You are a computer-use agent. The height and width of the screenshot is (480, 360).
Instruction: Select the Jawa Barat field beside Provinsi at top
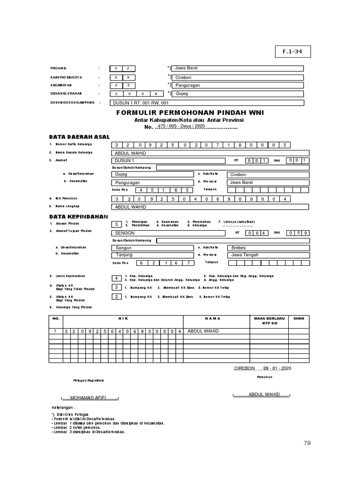pyautogui.click(x=238, y=68)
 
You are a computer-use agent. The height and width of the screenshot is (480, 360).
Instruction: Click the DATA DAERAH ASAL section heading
pyautogui.click(x=79, y=137)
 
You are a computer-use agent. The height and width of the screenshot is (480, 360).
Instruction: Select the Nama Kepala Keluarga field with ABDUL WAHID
pyautogui.click(x=210, y=153)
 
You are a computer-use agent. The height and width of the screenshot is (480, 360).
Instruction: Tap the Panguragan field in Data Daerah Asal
pyautogui.click(x=152, y=182)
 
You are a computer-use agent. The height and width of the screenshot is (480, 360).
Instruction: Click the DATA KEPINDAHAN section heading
pyautogui.click(x=78, y=217)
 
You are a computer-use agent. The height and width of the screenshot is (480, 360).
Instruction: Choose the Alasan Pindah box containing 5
pyautogui.click(x=116, y=224)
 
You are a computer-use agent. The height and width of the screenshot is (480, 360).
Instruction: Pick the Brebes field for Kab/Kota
pyautogui.click(x=268, y=247)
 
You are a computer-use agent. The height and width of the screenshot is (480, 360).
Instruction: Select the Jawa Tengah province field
pyautogui.click(x=268, y=255)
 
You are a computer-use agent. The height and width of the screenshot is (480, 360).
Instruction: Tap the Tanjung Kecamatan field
pyautogui.click(x=152, y=255)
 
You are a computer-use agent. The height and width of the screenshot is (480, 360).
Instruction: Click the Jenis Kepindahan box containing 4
pyautogui.click(x=116, y=278)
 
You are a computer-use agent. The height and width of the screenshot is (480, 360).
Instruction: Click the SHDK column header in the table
pyautogui.click(x=299, y=318)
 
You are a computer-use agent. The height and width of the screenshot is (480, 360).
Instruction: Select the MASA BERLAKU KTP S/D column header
pyautogui.click(x=269, y=321)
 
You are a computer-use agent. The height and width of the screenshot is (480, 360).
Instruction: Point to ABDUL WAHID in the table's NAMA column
pyautogui.click(x=203, y=331)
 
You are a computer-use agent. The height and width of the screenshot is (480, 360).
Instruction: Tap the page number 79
pyautogui.click(x=307, y=443)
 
